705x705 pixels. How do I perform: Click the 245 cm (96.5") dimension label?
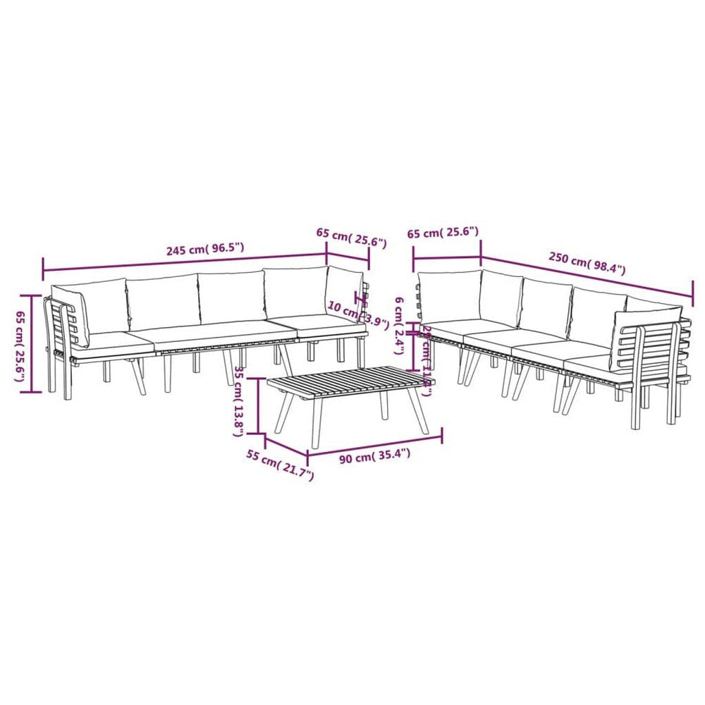coord(205,249)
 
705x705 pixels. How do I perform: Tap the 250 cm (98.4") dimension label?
coord(587,263)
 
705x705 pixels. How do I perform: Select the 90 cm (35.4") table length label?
coord(374,456)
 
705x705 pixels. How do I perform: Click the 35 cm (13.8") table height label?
coord(240,402)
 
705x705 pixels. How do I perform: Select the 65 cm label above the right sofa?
coord(443,232)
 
